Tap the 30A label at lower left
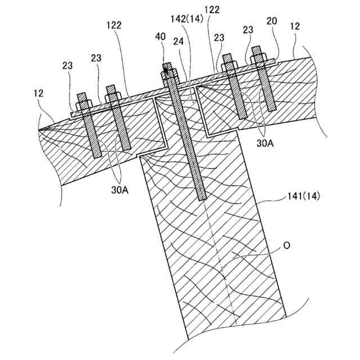tap(119, 190)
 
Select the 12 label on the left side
tap(38, 93)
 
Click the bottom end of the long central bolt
tap(202, 197)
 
